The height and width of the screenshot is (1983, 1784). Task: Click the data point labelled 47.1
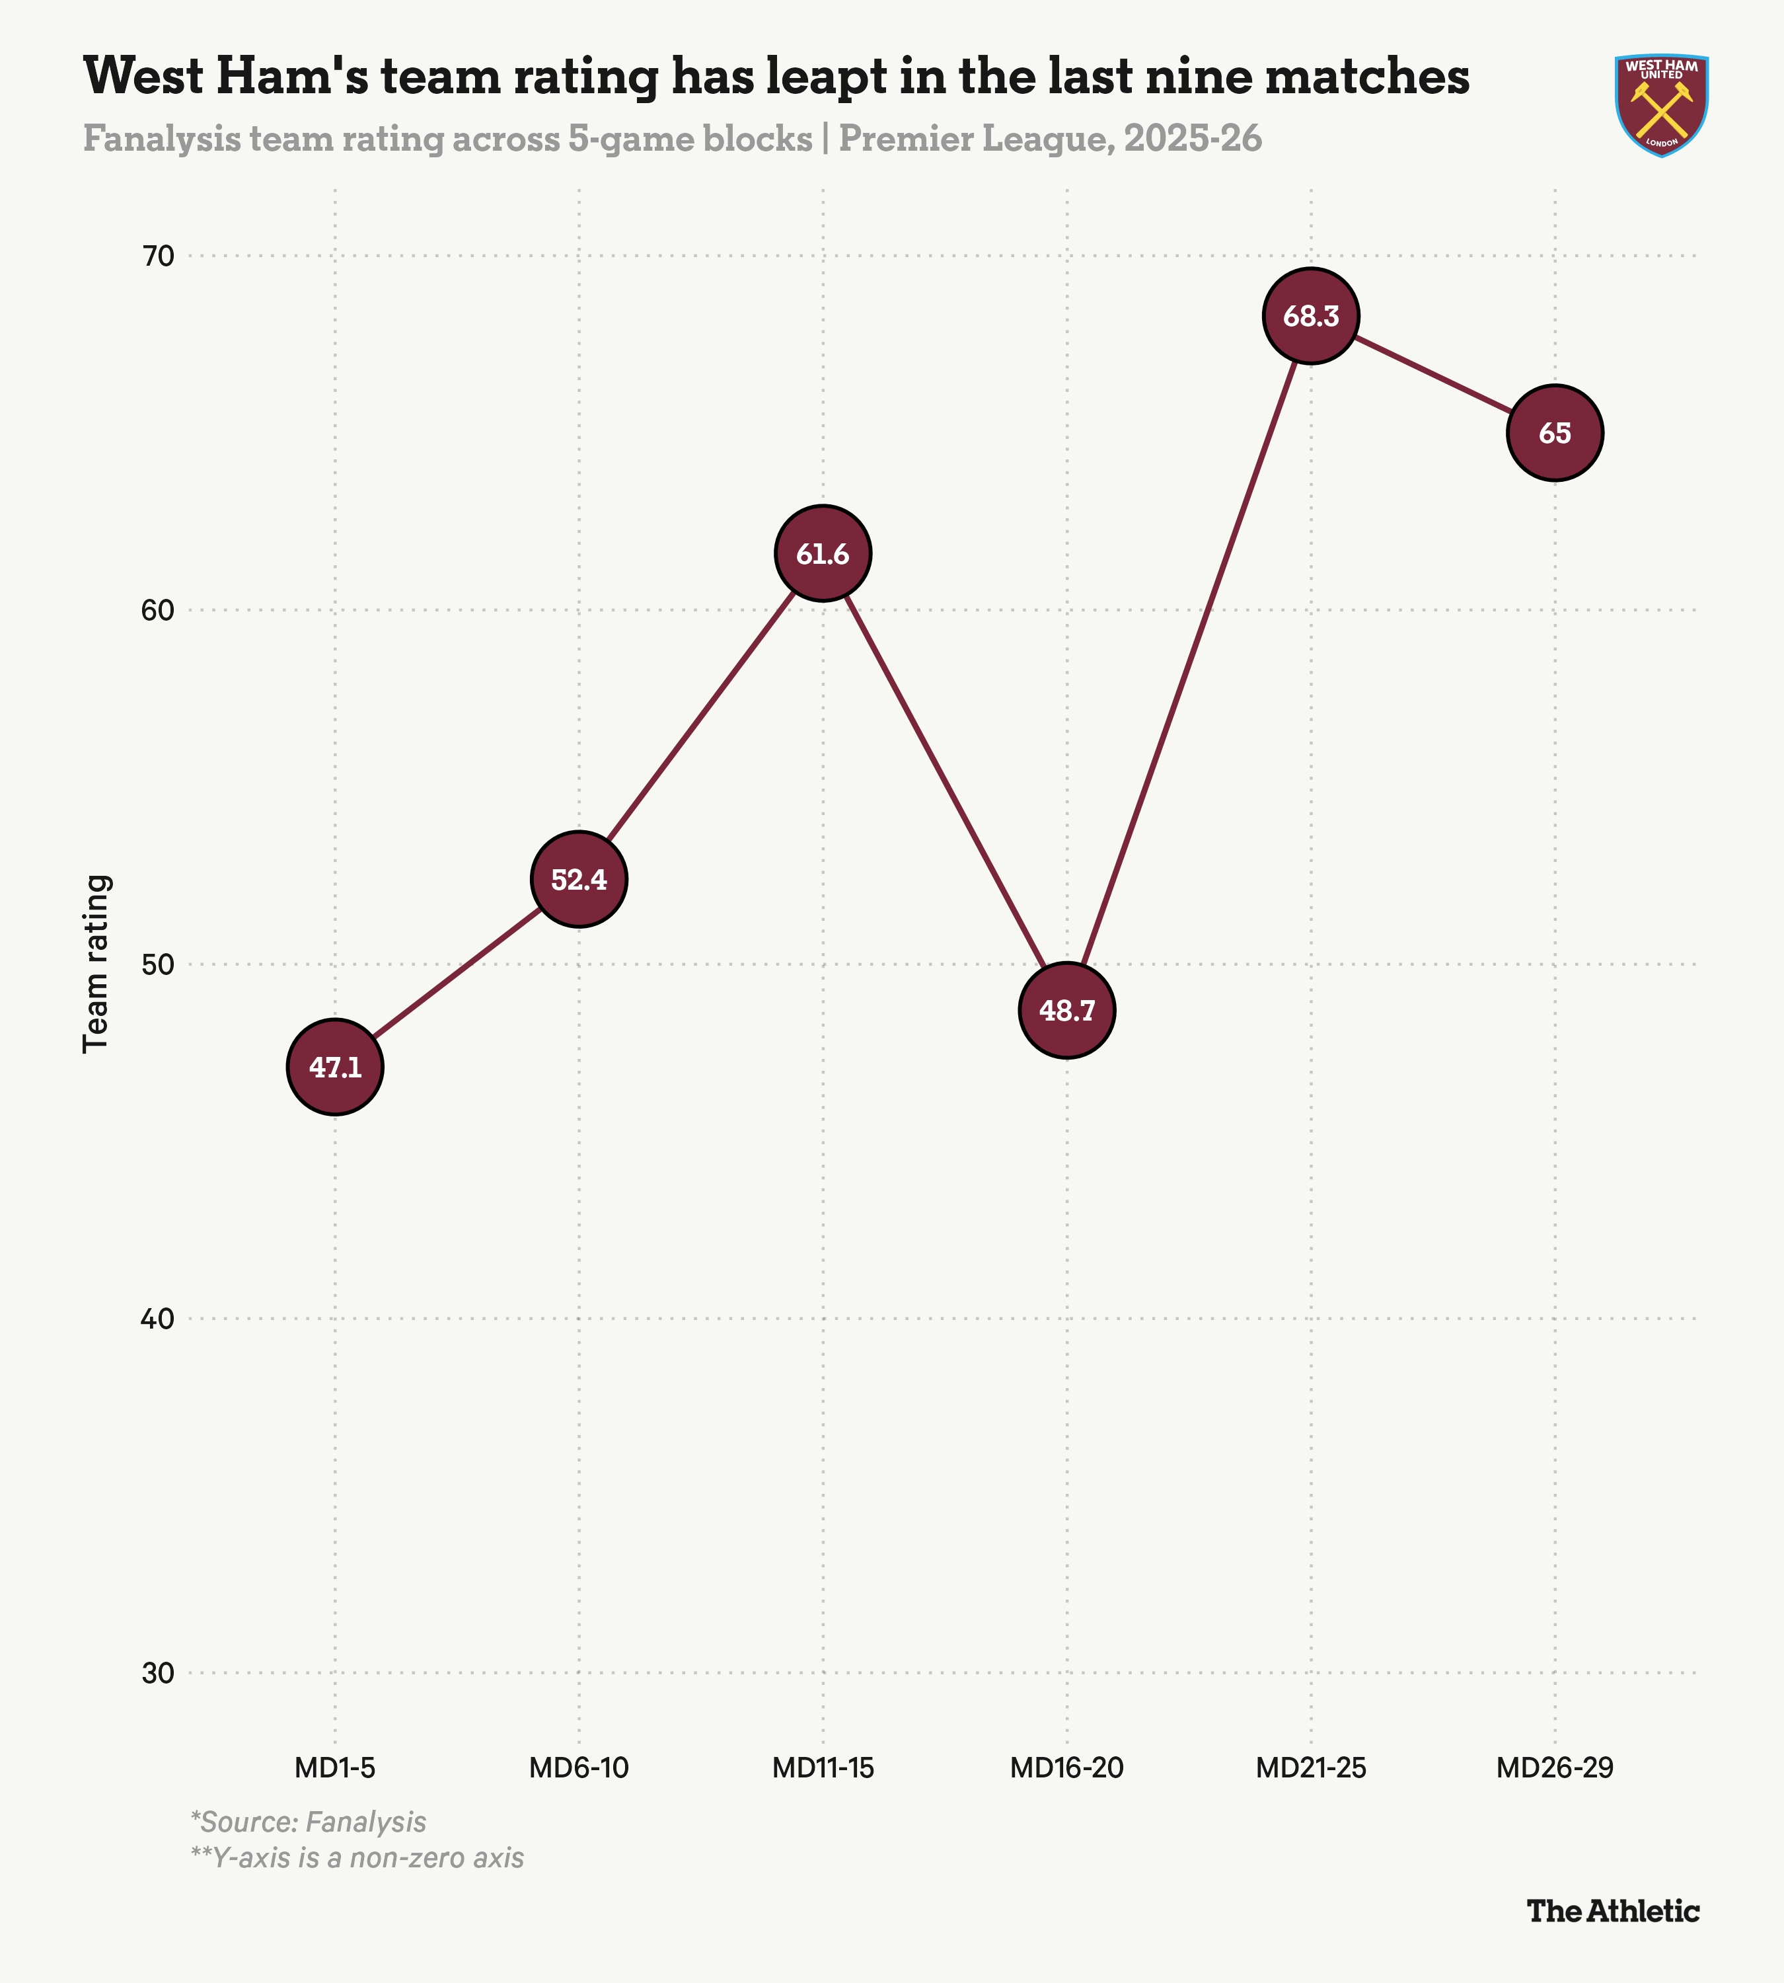(x=335, y=1067)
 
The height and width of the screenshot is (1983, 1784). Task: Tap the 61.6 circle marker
(x=823, y=554)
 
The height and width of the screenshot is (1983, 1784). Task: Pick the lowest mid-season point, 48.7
(x=1066, y=1010)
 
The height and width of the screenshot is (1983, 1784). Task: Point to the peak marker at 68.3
(x=1310, y=316)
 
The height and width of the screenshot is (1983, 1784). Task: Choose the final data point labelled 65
(x=1555, y=432)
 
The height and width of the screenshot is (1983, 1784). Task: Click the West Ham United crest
(x=1662, y=105)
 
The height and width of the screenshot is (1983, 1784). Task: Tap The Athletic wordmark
(x=1614, y=1912)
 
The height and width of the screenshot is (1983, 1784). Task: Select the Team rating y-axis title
(x=96, y=964)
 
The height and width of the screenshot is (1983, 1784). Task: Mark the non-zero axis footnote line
(x=357, y=1857)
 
